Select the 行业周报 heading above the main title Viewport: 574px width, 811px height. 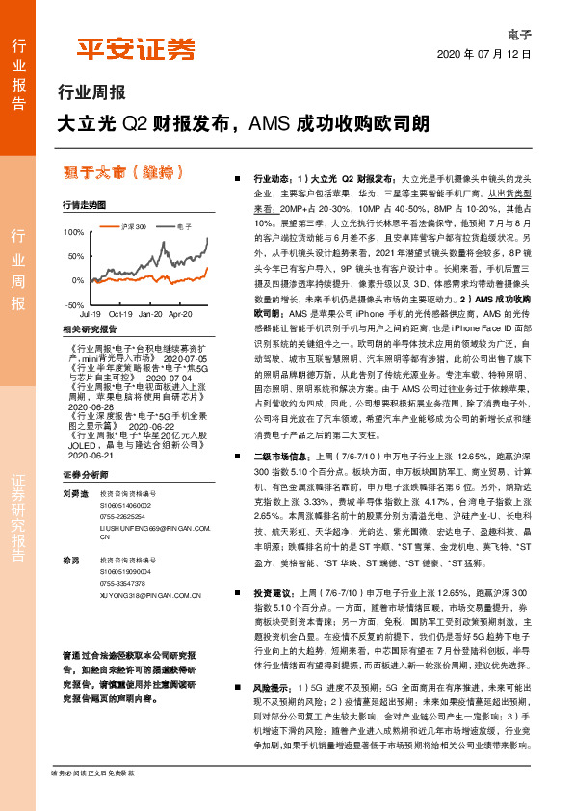pos(91,94)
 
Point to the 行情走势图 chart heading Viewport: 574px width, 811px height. pos(85,205)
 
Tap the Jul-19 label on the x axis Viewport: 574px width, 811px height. pos(90,314)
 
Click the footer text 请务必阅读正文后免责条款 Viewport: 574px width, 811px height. pos(92,799)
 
